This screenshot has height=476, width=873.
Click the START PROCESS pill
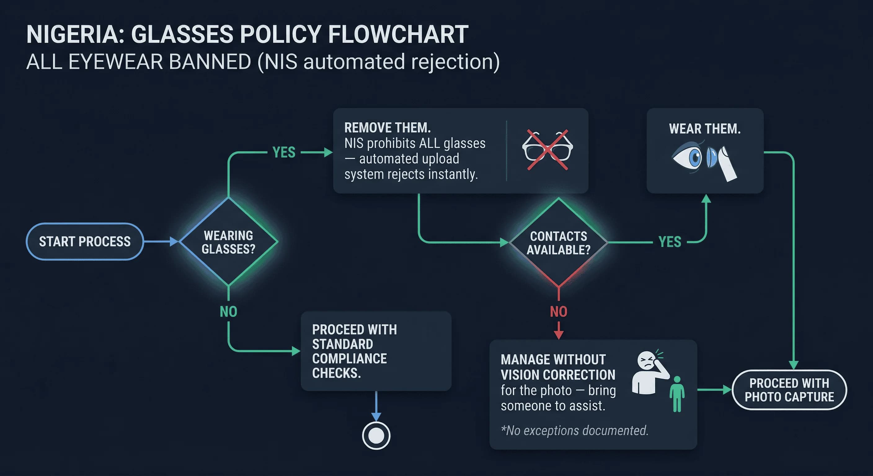[x=85, y=241]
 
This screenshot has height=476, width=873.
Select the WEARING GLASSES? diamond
[x=228, y=242]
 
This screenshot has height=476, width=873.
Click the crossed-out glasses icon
[x=547, y=150]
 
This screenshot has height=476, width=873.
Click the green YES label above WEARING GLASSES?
[x=284, y=152]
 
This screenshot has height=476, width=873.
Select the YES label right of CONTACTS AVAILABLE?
[x=670, y=242]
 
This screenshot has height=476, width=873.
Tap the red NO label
[x=558, y=312]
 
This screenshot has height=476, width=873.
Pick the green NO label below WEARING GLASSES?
[x=228, y=312]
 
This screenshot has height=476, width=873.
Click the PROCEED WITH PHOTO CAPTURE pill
[x=789, y=390]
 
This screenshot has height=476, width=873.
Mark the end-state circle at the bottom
[x=376, y=436]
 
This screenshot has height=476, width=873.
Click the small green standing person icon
[x=677, y=394]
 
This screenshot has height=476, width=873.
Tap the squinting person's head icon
[x=647, y=361]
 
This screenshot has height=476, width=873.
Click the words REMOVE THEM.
[x=387, y=128]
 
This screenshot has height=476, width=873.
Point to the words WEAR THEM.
[x=705, y=129]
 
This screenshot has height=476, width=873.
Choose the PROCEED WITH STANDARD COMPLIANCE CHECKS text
[x=354, y=351]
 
